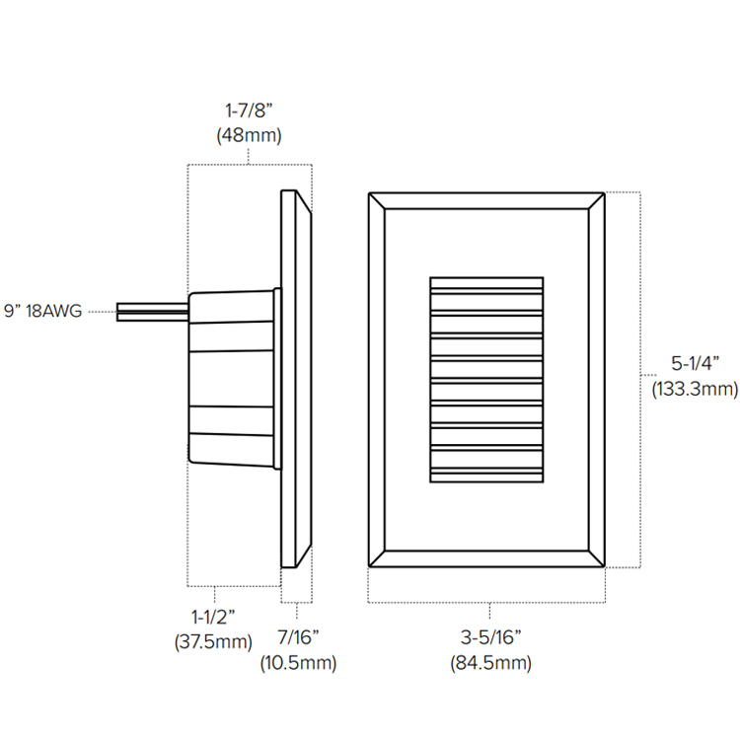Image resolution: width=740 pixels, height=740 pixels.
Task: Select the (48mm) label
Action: [x=249, y=136]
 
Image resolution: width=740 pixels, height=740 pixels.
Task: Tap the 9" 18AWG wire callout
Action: [x=44, y=311]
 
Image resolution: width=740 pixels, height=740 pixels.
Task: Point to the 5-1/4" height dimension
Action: [x=696, y=363]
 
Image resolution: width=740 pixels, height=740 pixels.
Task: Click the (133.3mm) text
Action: [x=695, y=389]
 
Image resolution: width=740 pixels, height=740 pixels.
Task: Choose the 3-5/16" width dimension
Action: [x=489, y=636]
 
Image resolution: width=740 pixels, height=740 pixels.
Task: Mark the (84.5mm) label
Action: [x=489, y=662]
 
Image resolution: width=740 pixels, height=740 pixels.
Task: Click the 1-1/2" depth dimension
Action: [x=212, y=618]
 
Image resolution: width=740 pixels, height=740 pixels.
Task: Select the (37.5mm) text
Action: [x=212, y=643]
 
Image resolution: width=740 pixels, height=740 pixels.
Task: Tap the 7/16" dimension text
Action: [x=298, y=636]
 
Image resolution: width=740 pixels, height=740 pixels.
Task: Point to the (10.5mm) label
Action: [x=298, y=662]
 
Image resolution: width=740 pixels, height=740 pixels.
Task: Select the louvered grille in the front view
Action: [x=486, y=380]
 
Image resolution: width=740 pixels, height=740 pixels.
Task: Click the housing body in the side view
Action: [x=232, y=377]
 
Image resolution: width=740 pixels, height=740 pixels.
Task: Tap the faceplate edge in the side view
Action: [x=296, y=380]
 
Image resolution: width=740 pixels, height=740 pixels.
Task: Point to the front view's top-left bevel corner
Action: [x=377, y=201]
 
